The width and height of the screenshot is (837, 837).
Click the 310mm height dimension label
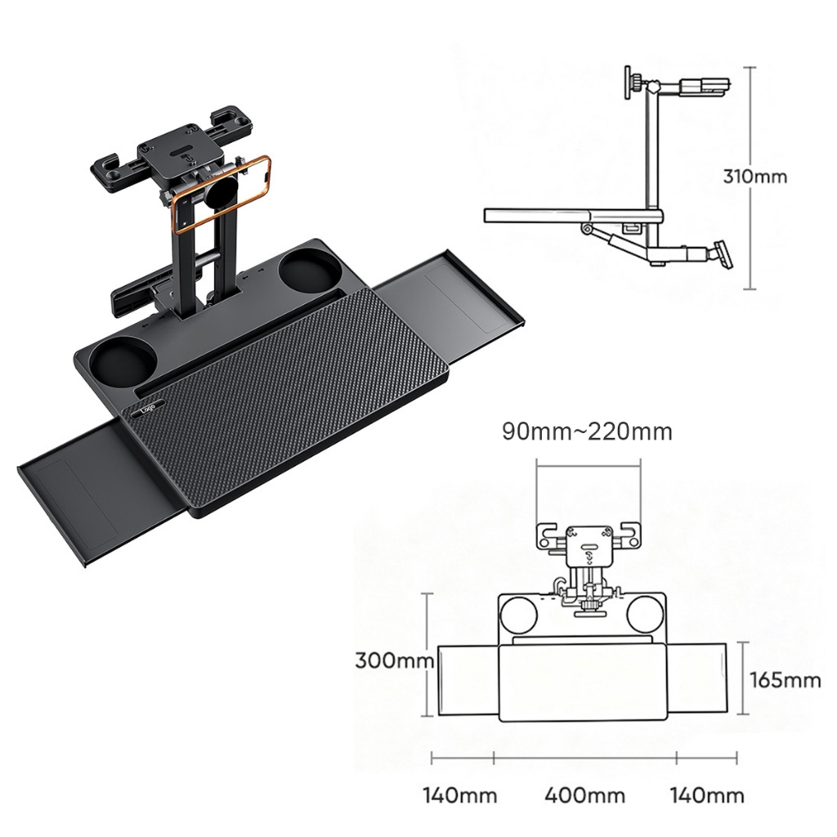(754, 177)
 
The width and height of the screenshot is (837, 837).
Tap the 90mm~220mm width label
(587, 432)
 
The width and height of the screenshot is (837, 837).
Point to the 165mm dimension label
(786, 680)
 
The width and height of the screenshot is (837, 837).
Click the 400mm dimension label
(584, 795)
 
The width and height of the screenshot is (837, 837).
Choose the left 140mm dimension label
(460, 795)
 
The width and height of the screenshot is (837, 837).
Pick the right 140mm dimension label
(707, 795)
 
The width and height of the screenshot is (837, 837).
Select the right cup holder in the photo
(307, 268)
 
